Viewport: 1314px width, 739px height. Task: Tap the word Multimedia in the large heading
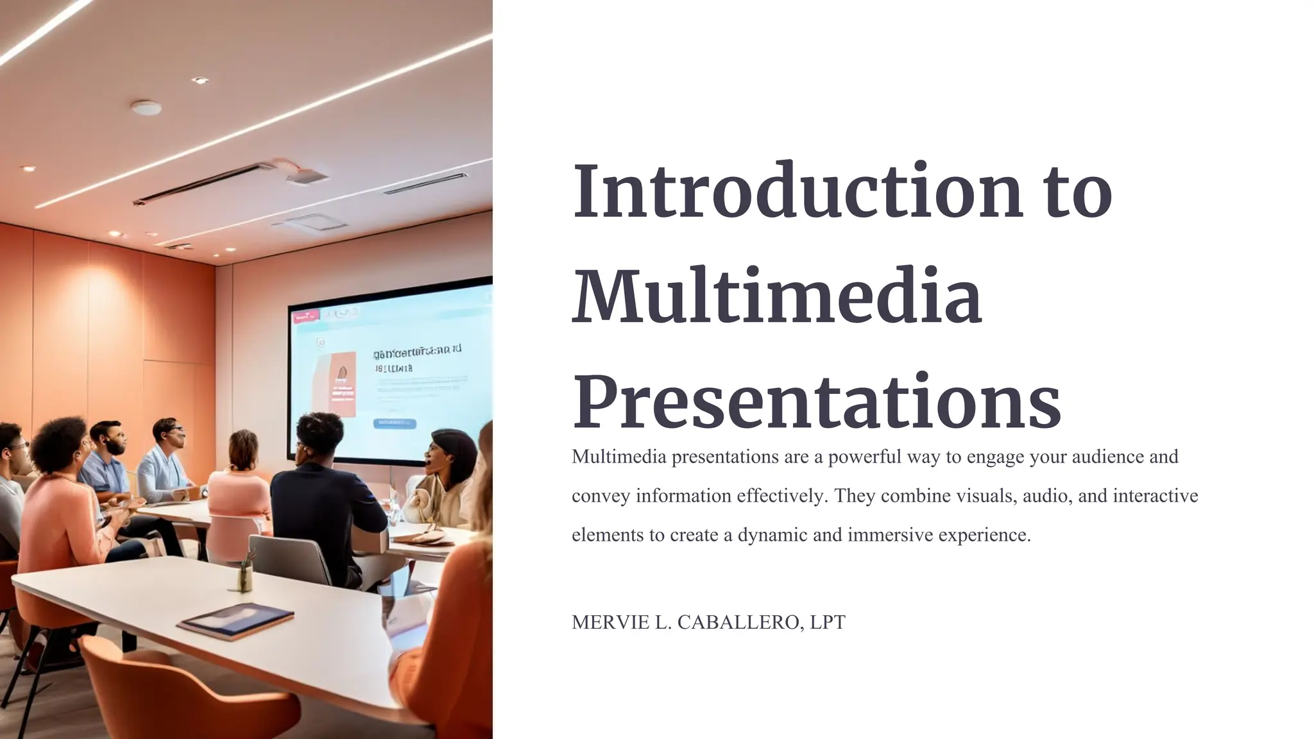pos(776,296)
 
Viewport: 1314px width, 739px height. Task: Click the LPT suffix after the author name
pos(828,622)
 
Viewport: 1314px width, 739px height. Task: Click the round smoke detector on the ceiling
pos(146,108)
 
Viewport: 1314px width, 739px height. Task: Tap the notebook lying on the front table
pos(235,620)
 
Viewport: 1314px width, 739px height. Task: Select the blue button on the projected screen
pos(394,423)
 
